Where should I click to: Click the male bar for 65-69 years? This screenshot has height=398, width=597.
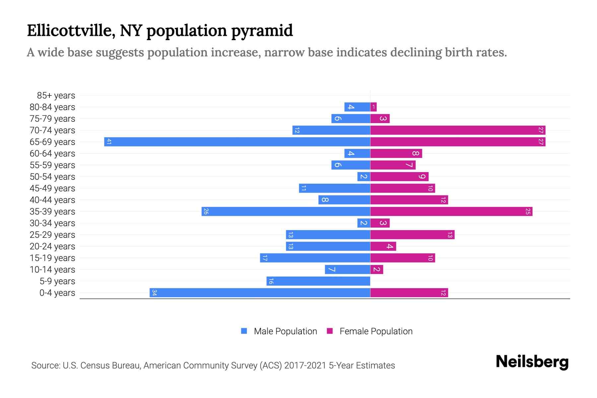tap(237, 142)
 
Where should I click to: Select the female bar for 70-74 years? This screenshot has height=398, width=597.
tap(458, 130)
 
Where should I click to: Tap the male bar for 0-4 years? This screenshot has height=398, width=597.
tap(260, 293)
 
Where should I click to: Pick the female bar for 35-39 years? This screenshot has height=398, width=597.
tap(451, 212)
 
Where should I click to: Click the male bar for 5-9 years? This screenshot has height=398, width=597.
tap(318, 281)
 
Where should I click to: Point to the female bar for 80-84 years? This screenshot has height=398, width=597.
tap(373, 107)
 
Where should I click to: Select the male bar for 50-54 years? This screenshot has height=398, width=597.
tap(364, 177)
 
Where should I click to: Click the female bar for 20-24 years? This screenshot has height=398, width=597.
tap(383, 246)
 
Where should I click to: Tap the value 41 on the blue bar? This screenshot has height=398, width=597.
tap(109, 142)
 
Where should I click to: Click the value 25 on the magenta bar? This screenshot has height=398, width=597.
tap(528, 212)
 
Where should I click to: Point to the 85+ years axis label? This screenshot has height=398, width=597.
tap(56, 96)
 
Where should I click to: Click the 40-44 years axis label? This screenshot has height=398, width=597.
tap(52, 200)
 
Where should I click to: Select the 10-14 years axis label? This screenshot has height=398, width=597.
tap(52, 270)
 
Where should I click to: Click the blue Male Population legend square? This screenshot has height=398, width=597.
tap(244, 331)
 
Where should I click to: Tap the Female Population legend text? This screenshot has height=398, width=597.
tap(376, 331)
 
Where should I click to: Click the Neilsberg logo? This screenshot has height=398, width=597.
tap(532, 362)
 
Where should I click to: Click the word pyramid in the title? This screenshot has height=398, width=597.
tap(262, 31)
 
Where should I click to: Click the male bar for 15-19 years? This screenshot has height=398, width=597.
tap(315, 258)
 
